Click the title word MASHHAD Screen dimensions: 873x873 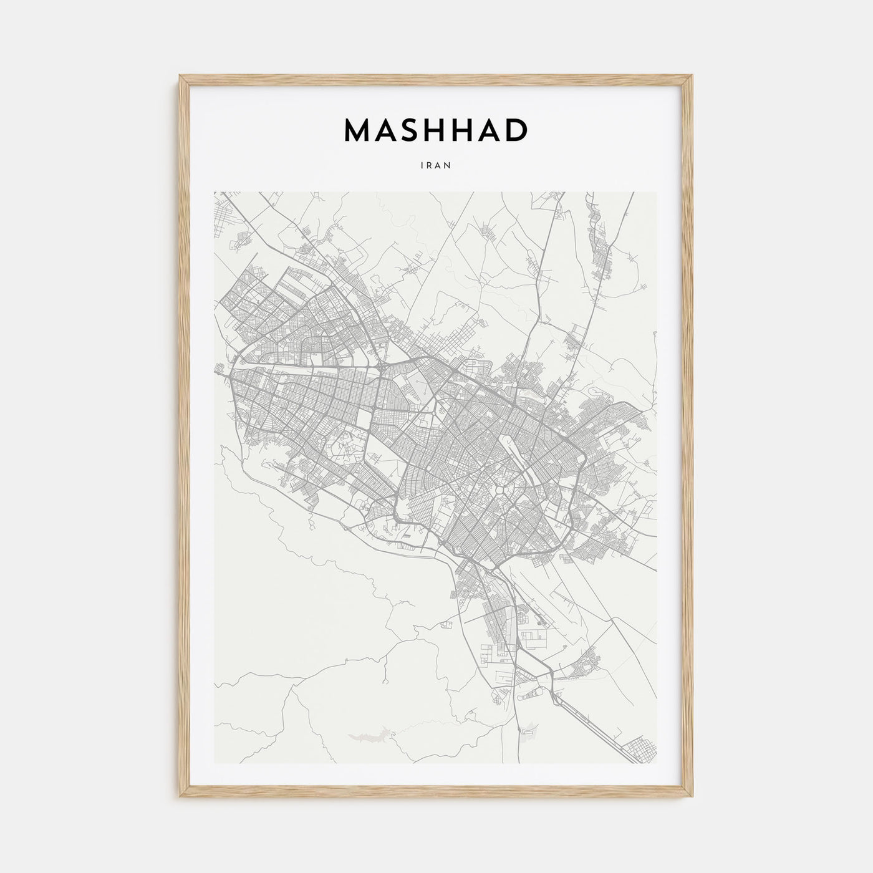click(x=436, y=130)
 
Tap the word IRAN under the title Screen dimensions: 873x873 click(x=436, y=166)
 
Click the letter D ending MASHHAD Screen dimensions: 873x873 click(x=516, y=130)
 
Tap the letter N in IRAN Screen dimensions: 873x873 click(x=448, y=166)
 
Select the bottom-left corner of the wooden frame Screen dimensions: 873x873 click(x=180, y=799)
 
